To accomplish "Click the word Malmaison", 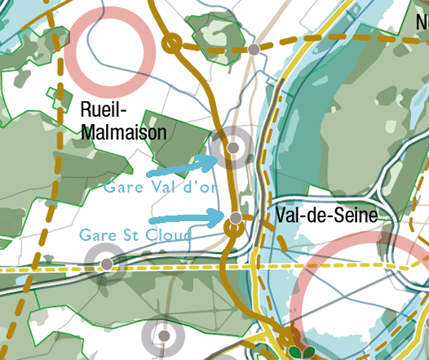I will pos(123,131).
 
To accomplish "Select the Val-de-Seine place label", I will pos(326,216).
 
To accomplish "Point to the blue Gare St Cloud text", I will pos(135,235).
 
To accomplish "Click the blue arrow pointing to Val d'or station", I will pos(181,167).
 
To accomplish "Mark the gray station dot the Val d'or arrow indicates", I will pos(233,148).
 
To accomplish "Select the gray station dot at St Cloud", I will pos(236,218).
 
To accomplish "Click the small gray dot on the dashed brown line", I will pos(254,50).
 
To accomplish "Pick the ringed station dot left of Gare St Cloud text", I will pos(106,264).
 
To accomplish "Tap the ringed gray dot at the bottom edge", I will pos(164,335).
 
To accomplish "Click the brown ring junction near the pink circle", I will pos(171,43).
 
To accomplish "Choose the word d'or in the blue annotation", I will pos(201,186).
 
